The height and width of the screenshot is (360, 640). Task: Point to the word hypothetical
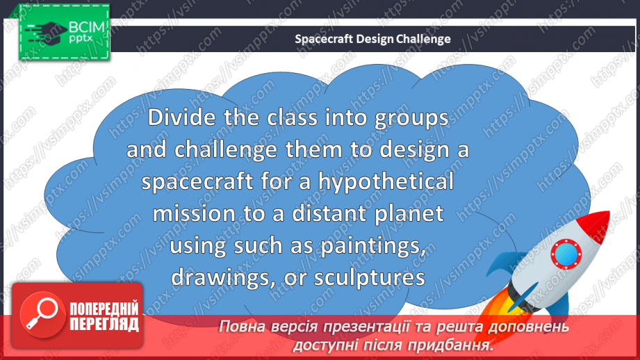click(386, 182)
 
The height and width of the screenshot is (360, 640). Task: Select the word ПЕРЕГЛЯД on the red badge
click(105, 323)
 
